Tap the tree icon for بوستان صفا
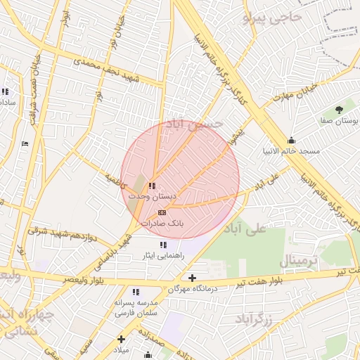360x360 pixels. coord(339,109)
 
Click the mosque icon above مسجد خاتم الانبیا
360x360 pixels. coord(292,140)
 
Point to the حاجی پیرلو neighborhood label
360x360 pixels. coord(272,16)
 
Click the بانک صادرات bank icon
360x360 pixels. coord(162,212)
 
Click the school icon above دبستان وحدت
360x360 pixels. coord(153,186)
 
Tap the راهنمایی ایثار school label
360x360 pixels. coord(162,256)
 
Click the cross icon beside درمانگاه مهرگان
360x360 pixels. coord(192,278)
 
